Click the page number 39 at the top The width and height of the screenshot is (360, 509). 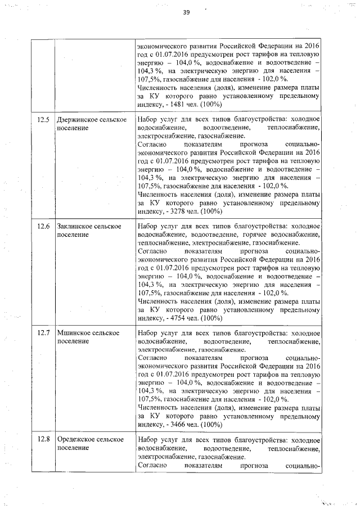click(186, 14)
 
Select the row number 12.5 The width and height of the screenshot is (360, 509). click(44, 119)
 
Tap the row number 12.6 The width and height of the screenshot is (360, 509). click(44, 226)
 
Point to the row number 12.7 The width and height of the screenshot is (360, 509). click(44, 333)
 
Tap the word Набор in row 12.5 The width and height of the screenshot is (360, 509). click(148, 119)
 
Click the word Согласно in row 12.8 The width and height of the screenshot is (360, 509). click(152, 466)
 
